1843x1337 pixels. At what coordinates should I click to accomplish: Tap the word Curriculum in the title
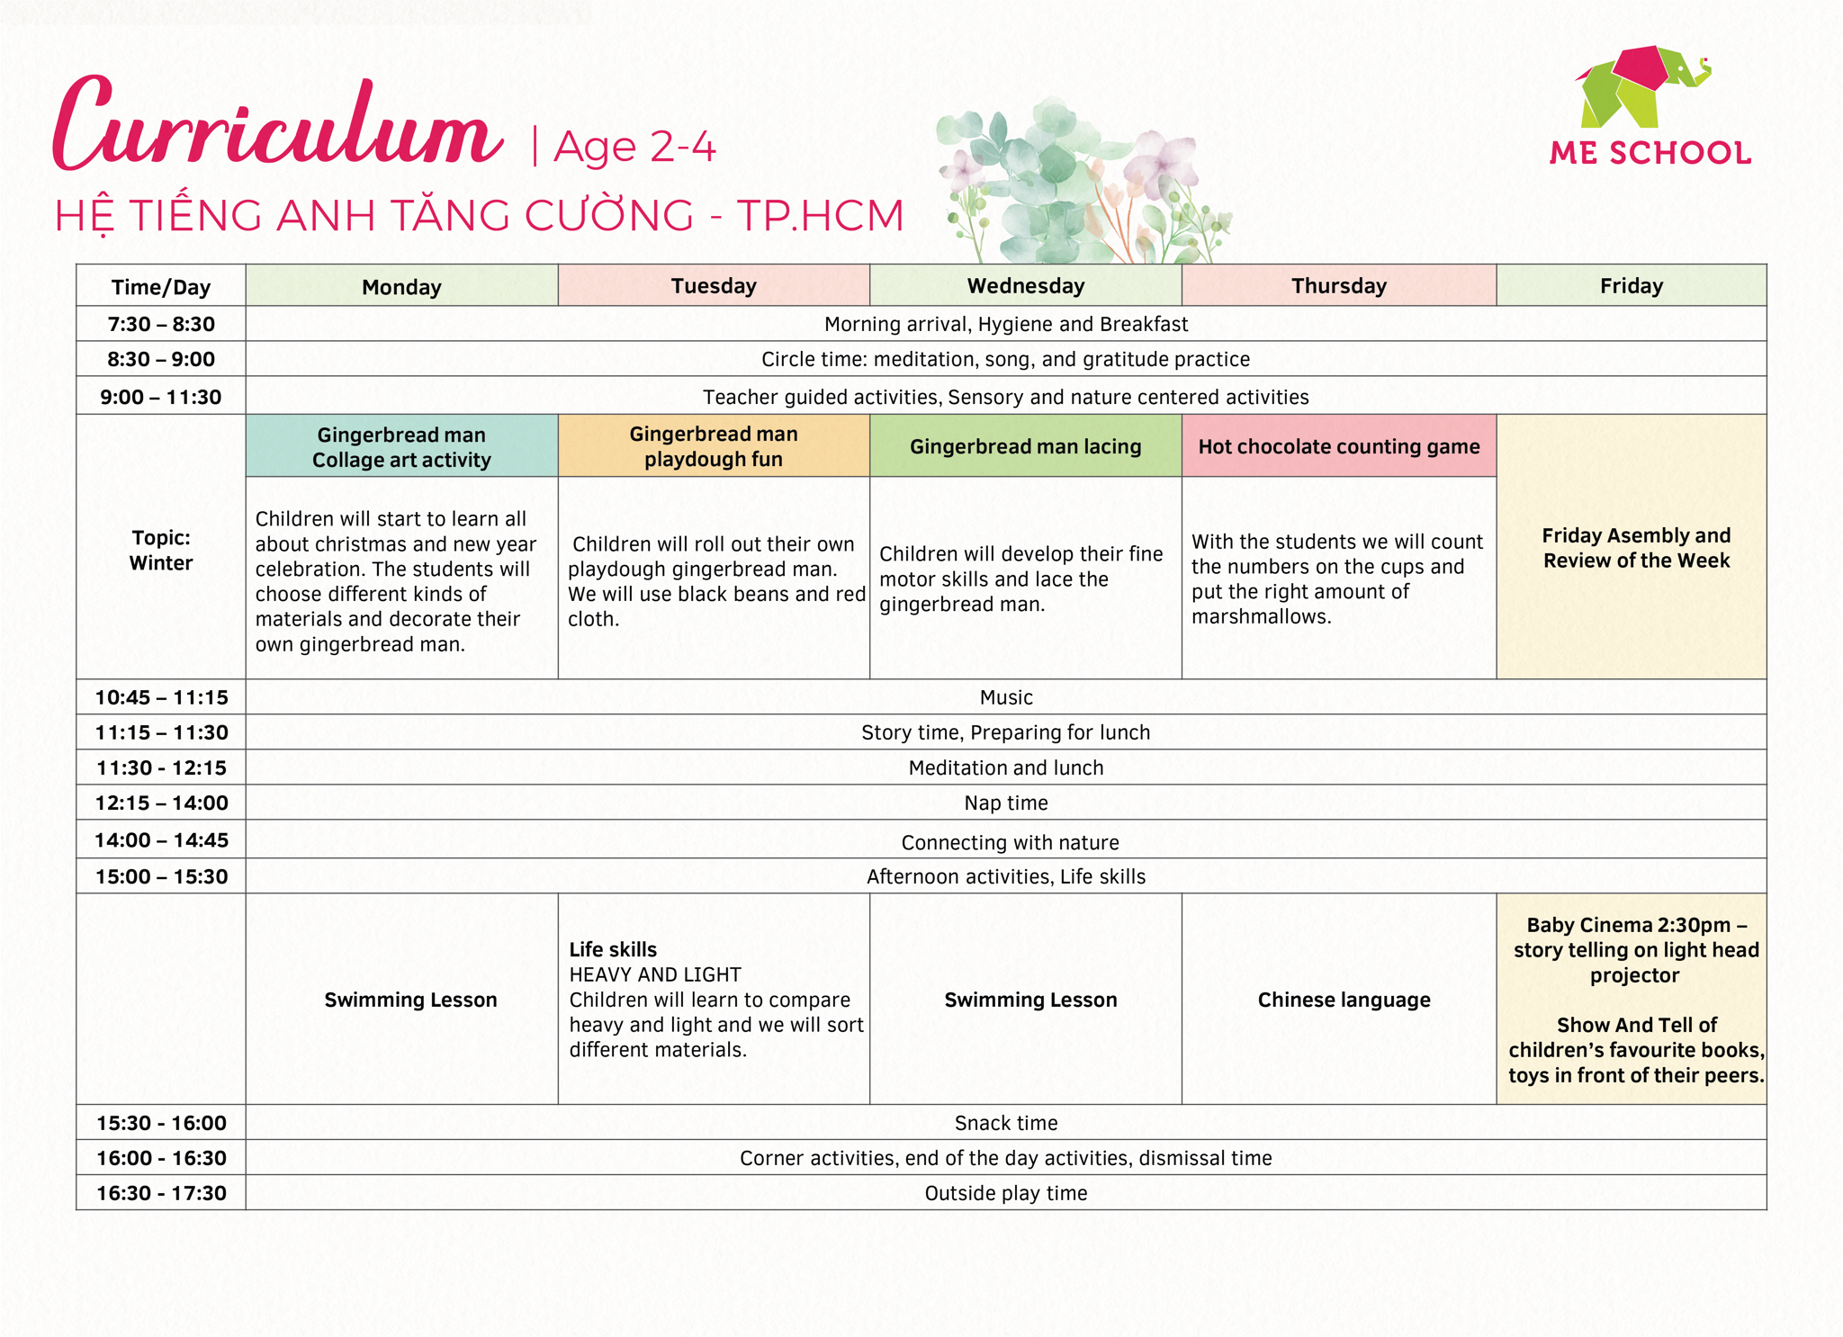click(x=277, y=124)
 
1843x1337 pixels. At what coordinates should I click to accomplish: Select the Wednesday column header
click(x=1026, y=285)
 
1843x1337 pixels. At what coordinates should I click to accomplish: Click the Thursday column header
click(x=1339, y=285)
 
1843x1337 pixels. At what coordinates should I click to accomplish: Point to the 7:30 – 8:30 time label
click(x=161, y=324)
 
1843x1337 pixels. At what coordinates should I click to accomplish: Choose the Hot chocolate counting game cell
click(x=1339, y=446)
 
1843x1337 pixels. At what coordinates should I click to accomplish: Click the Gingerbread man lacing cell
click(x=1026, y=446)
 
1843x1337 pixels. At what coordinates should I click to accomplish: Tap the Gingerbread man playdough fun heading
click(x=714, y=446)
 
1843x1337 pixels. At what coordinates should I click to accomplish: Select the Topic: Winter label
click(x=161, y=550)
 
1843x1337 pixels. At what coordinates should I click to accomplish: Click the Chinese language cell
click(x=1344, y=1000)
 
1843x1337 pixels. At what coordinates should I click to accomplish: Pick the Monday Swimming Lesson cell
click(x=410, y=1000)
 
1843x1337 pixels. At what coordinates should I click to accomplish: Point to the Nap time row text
click(x=1006, y=803)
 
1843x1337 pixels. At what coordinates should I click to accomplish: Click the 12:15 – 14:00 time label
click(x=162, y=803)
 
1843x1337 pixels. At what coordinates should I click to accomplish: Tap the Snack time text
click(x=1006, y=1123)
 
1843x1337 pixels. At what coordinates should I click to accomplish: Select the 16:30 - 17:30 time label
click(x=162, y=1193)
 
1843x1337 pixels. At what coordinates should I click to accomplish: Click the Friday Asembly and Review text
click(x=1636, y=548)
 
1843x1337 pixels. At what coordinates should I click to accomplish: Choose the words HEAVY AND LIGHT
click(x=655, y=974)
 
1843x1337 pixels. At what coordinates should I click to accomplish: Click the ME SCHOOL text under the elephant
click(x=1650, y=153)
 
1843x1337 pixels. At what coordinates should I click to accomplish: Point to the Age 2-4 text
click(x=634, y=147)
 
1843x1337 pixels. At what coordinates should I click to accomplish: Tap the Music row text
click(x=1006, y=697)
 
